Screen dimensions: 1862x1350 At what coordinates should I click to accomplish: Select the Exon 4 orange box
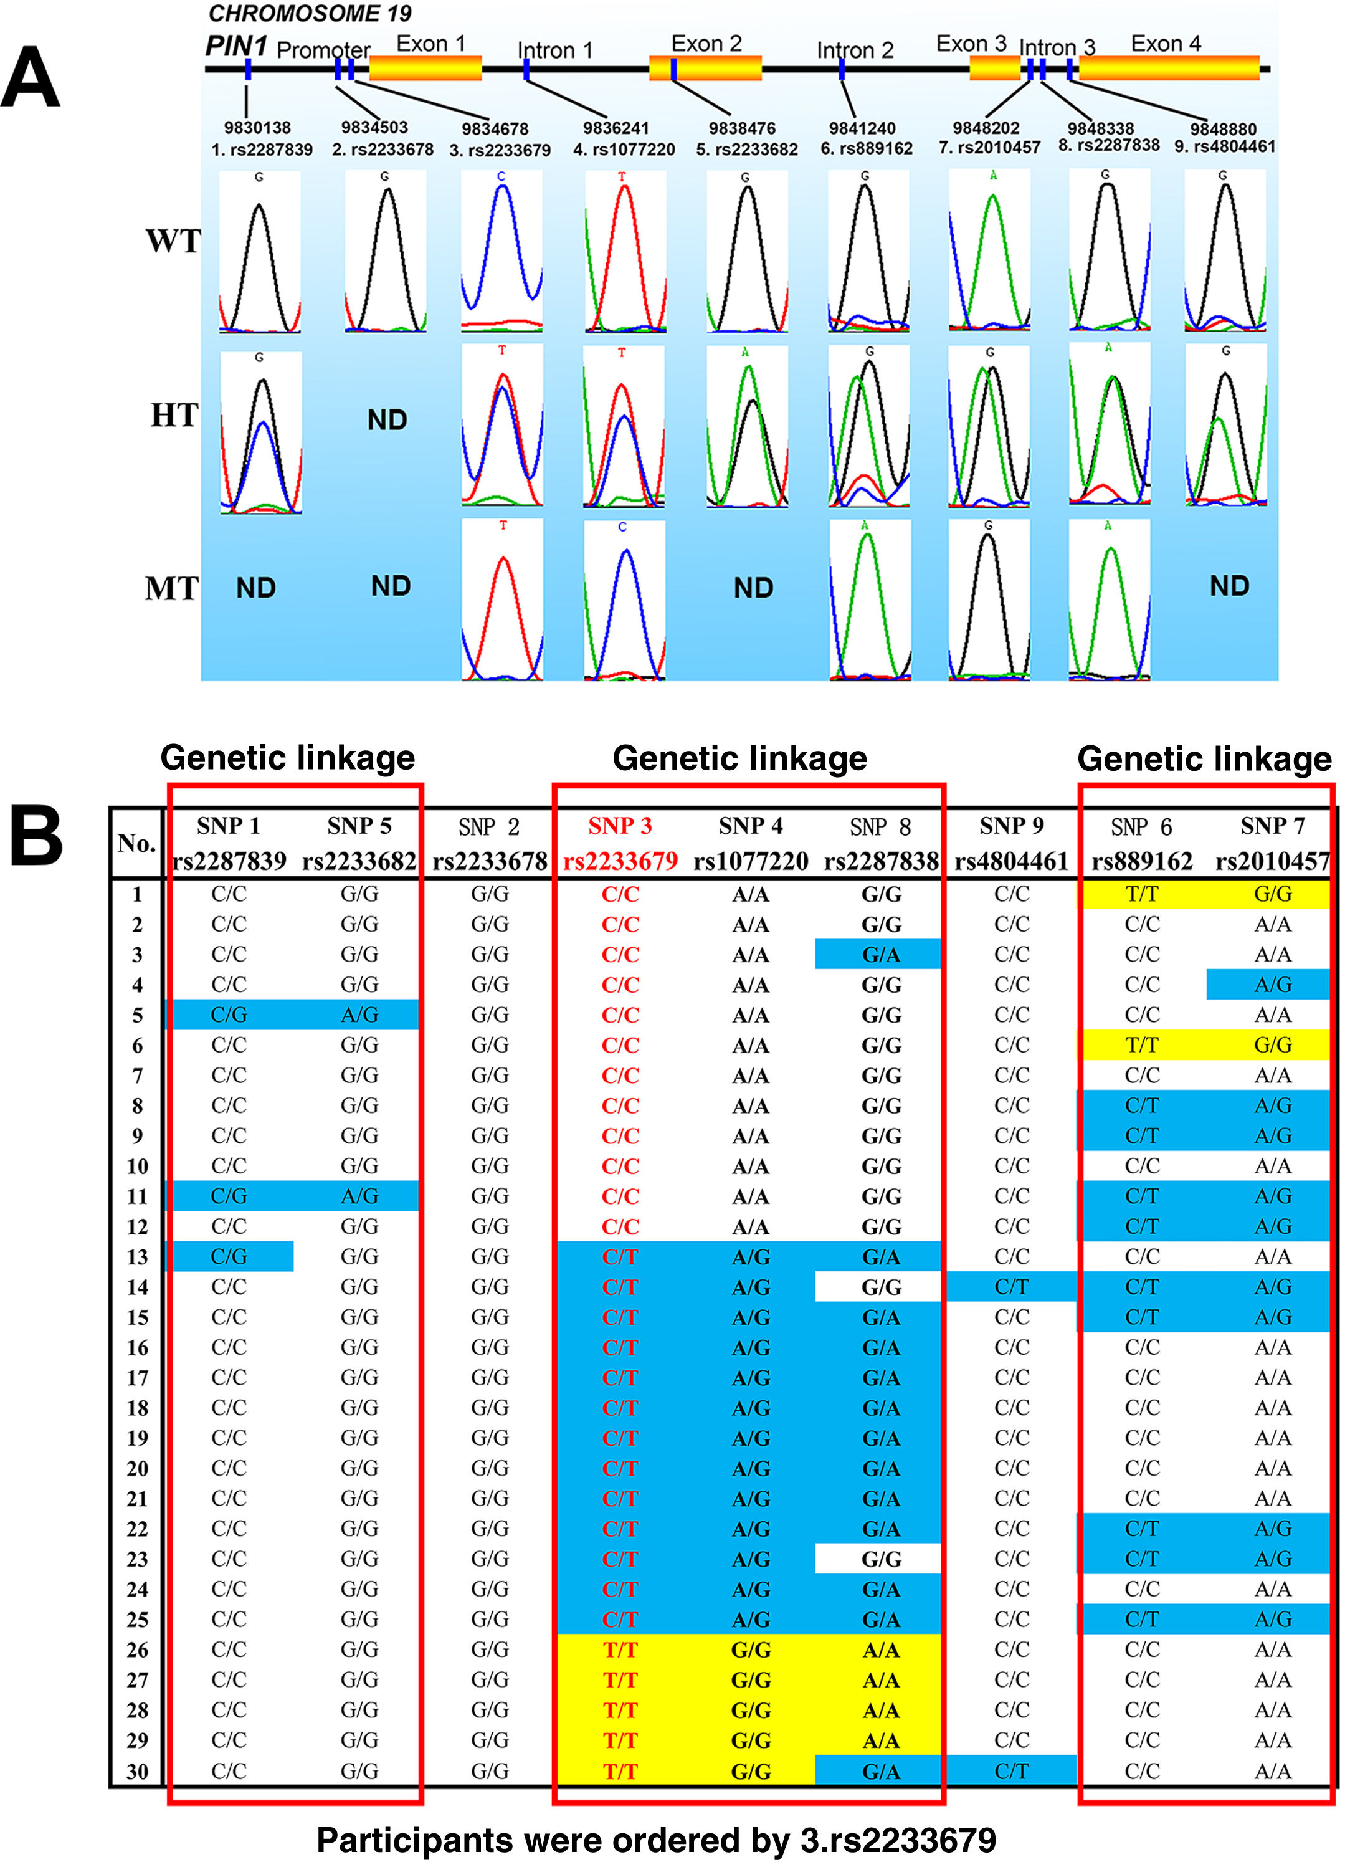(1169, 68)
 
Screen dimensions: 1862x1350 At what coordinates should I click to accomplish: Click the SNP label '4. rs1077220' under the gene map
(624, 150)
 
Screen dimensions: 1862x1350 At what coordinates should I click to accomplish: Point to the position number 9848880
(1223, 129)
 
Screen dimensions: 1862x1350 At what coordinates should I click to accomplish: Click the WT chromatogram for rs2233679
(501, 251)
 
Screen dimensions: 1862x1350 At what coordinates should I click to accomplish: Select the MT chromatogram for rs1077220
(624, 599)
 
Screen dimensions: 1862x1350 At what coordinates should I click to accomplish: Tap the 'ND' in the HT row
(386, 421)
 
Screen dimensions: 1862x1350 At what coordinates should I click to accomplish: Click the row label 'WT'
(173, 241)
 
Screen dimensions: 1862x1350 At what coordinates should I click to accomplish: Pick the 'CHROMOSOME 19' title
(310, 13)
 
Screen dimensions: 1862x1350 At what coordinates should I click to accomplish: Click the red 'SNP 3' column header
(620, 826)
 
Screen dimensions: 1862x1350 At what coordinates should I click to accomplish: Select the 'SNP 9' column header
(1011, 826)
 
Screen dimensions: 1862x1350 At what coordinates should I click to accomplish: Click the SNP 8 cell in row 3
(880, 955)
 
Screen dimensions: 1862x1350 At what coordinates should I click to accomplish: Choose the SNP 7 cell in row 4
(1272, 985)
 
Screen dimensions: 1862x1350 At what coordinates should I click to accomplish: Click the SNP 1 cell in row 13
(229, 1256)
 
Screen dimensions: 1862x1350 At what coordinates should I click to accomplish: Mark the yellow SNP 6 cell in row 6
(1141, 1045)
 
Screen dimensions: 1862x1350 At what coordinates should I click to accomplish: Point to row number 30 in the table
(137, 1772)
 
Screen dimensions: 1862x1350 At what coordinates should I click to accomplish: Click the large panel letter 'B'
(36, 838)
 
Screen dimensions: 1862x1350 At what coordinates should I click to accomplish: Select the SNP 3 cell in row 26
(620, 1650)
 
